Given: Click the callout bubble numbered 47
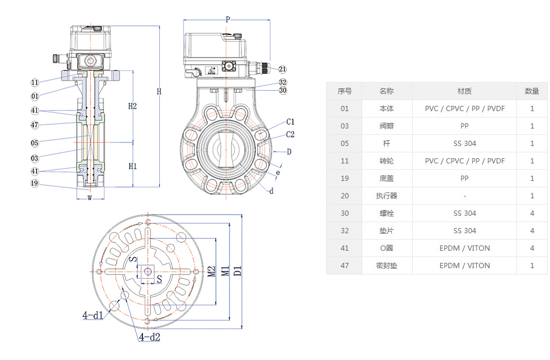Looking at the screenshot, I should pyautogui.click(x=35, y=125).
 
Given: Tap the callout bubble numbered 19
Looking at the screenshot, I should pyautogui.click(x=35, y=184).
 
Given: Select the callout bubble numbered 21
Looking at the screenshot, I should pyautogui.click(x=283, y=69).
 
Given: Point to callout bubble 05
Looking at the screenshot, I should pyautogui.click(x=35, y=143).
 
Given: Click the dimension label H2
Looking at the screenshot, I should pyautogui.click(x=133, y=106).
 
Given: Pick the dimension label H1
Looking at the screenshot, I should pyautogui.click(x=133, y=166).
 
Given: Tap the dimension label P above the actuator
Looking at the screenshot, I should pyautogui.click(x=227, y=20).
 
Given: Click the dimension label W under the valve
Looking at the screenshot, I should pyautogui.click(x=90, y=197).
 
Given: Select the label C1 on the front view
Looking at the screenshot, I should pyautogui.click(x=291, y=122).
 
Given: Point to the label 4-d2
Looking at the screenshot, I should pyautogui.click(x=149, y=337).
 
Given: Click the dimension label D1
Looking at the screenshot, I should pyautogui.click(x=238, y=270).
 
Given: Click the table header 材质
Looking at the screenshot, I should pyautogui.click(x=464, y=91).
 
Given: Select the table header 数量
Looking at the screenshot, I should pyautogui.click(x=531, y=91).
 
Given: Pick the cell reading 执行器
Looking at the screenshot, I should pyautogui.click(x=387, y=196).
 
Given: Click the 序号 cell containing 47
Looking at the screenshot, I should pyautogui.click(x=345, y=266).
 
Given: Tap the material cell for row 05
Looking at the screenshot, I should pyautogui.click(x=464, y=144).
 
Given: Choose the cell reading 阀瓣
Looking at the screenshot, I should pyautogui.click(x=387, y=126).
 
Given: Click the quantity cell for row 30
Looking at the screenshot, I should pyautogui.click(x=531, y=213).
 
